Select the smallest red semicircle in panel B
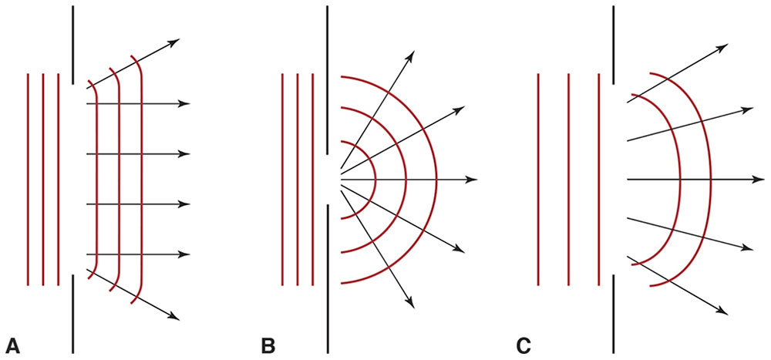coord(374,179)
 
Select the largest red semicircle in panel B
coord(436,179)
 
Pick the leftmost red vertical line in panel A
coord(28,179)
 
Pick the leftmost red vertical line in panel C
coord(538,179)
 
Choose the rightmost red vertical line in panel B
coord(313,179)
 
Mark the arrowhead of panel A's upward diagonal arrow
coord(178,40)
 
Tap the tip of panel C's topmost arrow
coord(728,45)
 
